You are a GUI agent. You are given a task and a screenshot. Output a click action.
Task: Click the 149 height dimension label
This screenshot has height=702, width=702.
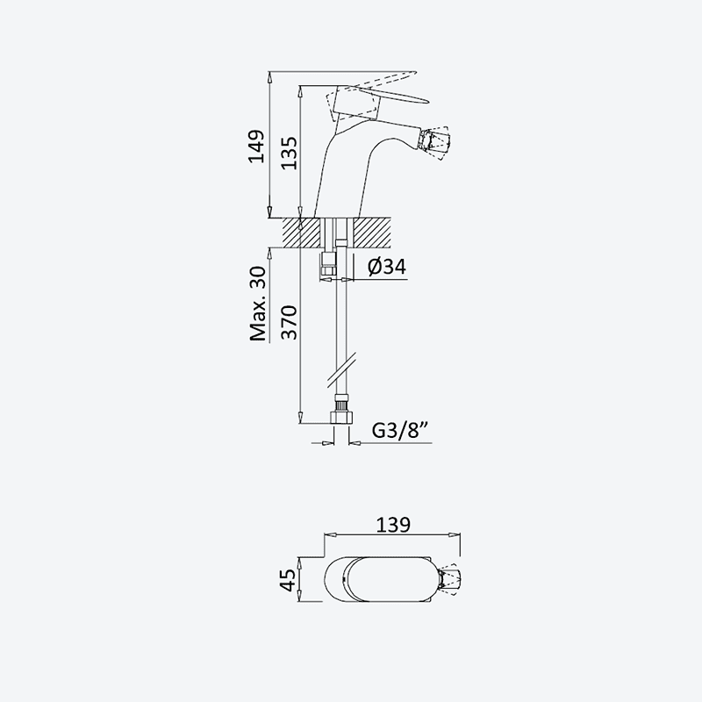click(x=256, y=147)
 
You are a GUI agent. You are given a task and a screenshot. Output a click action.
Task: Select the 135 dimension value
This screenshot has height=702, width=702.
click(x=289, y=153)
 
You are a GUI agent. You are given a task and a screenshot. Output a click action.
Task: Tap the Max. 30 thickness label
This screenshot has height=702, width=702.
click(x=258, y=304)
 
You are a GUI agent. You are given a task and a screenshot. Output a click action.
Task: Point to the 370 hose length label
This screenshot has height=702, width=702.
click(x=289, y=322)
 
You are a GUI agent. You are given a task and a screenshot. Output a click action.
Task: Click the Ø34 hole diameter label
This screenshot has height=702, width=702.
click(x=387, y=267)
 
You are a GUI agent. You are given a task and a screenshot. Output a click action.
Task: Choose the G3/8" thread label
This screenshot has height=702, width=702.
click(x=401, y=431)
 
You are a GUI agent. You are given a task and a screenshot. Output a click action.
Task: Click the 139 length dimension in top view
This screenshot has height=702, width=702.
click(x=392, y=525)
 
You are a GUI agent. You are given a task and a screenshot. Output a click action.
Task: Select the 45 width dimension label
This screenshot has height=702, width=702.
click(x=290, y=580)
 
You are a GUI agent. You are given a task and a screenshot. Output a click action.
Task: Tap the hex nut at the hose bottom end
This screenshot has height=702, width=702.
click(x=341, y=418)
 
